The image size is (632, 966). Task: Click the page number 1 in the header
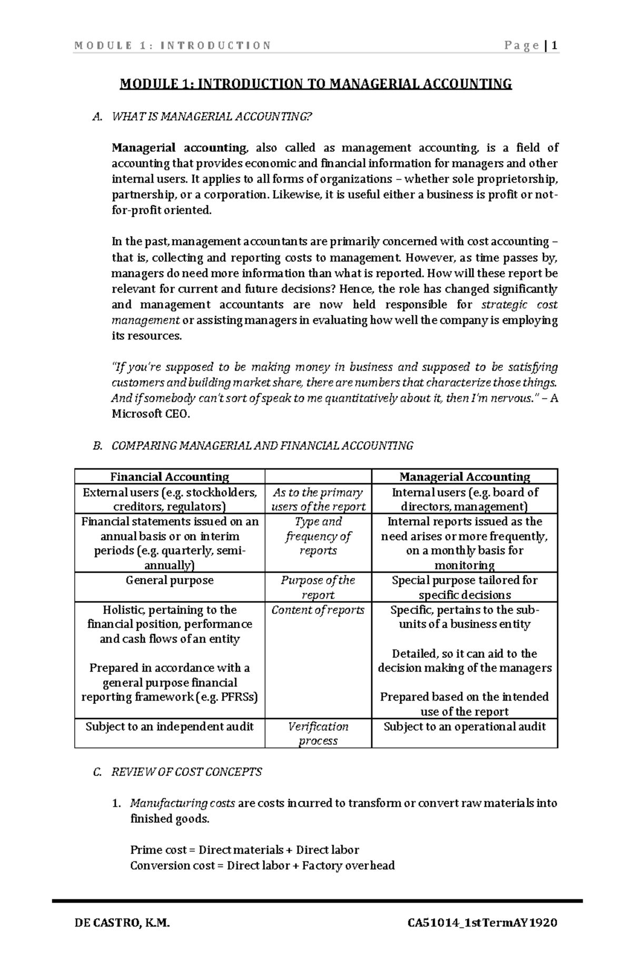point(555,45)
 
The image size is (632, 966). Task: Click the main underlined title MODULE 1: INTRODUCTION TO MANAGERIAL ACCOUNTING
point(316,84)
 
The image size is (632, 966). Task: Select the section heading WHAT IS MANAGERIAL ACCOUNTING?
point(212,117)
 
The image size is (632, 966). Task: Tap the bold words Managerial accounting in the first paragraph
point(179,147)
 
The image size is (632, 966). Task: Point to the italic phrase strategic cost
point(519,305)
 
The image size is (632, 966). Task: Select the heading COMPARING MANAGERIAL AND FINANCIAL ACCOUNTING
point(262,446)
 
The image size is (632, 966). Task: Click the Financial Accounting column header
point(170,477)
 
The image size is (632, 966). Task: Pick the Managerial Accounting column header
point(465,477)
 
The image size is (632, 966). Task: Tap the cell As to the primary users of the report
point(318,500)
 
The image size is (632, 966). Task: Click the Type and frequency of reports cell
point(318,536)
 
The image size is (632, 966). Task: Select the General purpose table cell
point(170,580)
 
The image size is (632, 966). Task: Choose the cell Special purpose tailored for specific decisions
point(465,587)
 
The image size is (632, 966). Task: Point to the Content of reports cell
point(318,610)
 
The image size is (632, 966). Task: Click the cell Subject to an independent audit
point(170,726)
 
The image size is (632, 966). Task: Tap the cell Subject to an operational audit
point(465,726)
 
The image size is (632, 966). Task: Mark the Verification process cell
point(318,734)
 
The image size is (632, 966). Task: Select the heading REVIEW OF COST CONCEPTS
point(186,772)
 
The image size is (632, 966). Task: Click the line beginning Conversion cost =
point(262,865)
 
